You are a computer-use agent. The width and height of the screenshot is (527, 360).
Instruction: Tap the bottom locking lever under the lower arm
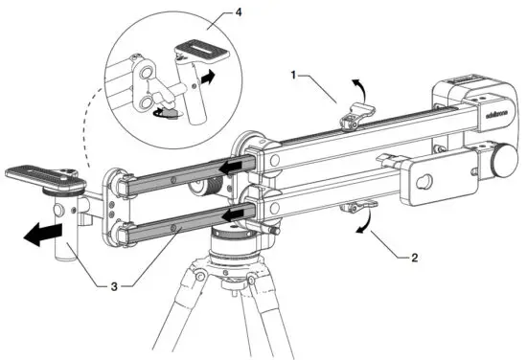click(x=356, y=206)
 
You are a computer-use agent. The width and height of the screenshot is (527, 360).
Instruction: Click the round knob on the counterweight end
click(x=500, y=159)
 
